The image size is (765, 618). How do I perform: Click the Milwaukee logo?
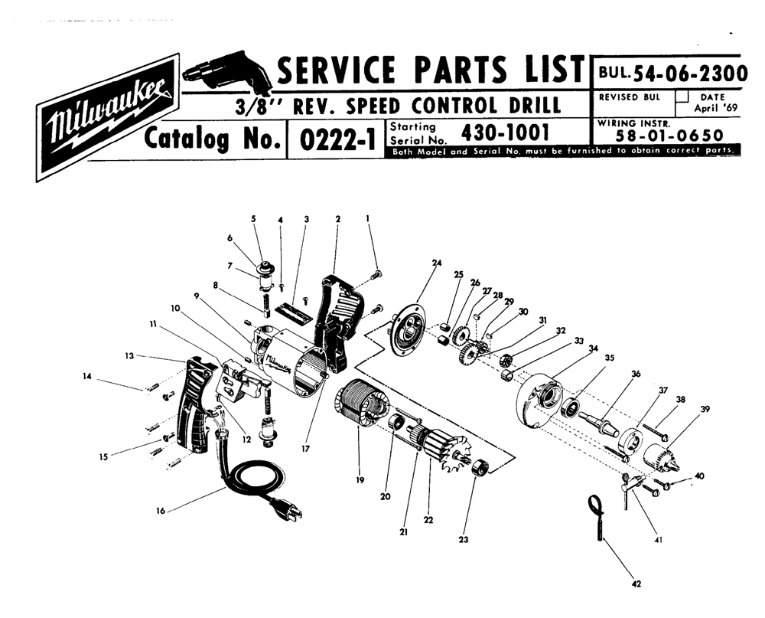(x=107, y=116)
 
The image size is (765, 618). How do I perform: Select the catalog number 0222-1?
(x=334, y=139)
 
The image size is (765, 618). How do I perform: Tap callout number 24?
(x=437, y=263)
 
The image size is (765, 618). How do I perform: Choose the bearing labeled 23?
(x=480, y=466)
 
